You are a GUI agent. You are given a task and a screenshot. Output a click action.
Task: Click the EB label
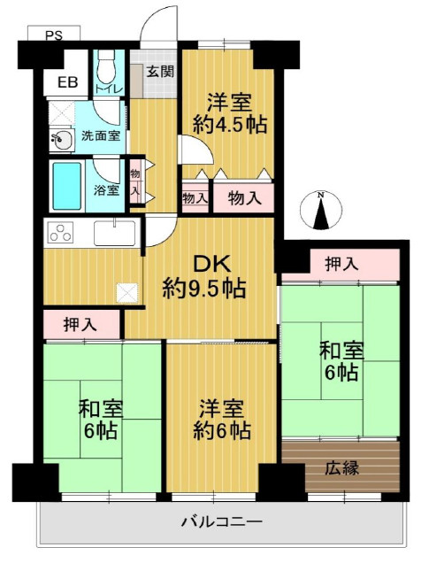click(66, 83)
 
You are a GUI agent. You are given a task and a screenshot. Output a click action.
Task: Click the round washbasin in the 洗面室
click(61, 140)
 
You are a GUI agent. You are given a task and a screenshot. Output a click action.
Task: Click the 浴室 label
click(107, 189)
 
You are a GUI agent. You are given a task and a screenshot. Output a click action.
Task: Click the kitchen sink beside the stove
click(115, 235)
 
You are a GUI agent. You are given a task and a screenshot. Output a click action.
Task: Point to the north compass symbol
click(322, 211)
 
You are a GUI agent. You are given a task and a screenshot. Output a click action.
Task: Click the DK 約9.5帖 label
click(203, 275)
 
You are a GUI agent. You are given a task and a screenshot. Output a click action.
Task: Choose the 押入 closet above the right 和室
click(341, 264)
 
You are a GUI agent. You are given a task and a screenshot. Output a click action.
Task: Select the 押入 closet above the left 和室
click(81, 325)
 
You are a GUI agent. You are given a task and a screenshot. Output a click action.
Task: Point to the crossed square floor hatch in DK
click(127, 291)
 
